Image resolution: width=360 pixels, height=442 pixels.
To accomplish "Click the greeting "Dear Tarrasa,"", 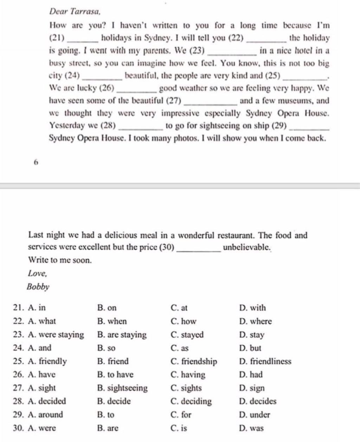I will [x=75, y=11].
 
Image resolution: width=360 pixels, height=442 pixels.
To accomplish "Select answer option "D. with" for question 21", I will [x=252, y=308].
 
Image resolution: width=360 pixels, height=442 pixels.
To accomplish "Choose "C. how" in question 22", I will [x=183, y=321].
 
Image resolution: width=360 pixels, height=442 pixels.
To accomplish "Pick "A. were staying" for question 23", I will [x=56, y=335].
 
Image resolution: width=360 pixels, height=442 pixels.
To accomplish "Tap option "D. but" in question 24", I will [x=250, y=348].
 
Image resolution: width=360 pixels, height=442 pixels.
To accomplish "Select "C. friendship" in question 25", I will [x=194, y=362].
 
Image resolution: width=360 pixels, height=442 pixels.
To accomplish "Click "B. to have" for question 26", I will [x=115, y=375].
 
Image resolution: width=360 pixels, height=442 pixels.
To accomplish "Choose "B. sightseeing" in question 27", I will [x=122, y=388].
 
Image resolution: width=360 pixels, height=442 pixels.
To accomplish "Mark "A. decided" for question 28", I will [x=46, y=401].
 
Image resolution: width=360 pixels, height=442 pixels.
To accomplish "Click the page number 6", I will [x=36, y=162].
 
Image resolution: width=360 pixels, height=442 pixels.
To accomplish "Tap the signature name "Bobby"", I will [x=38, y=287].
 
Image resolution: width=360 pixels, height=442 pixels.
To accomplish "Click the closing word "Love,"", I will [x=37, y=273].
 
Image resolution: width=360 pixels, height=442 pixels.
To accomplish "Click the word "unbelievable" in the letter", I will [x=246, y=247].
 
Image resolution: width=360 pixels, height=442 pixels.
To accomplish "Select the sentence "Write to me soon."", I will [x=60, y=260].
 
